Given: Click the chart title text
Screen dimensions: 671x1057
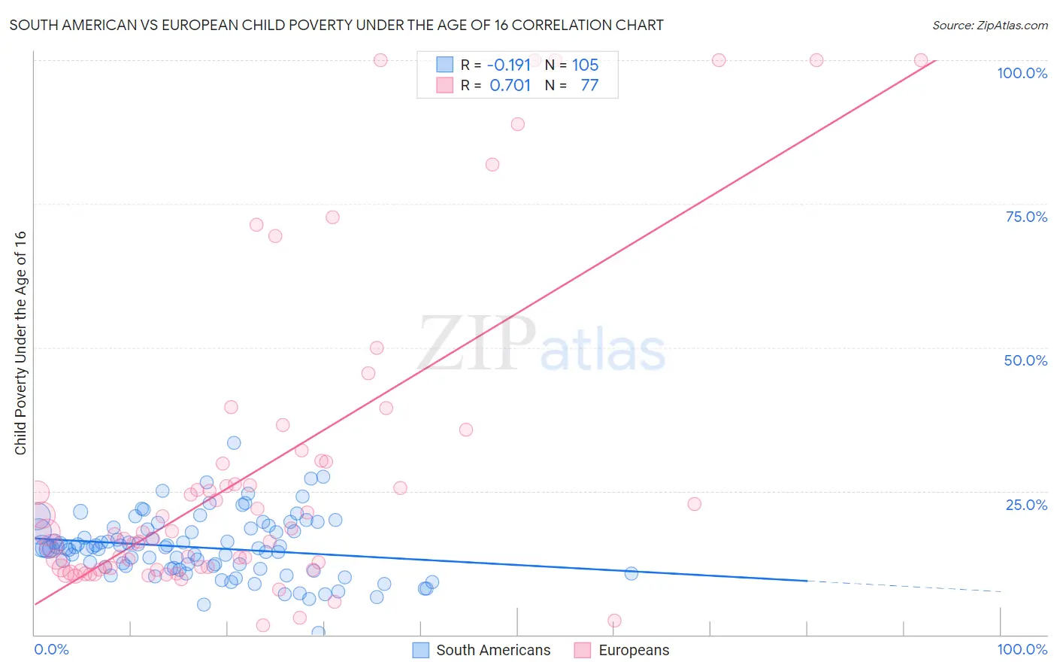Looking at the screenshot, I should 336,25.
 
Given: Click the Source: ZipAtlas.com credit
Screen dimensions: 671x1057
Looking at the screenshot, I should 989,25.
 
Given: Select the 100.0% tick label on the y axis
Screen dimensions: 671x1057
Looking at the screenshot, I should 1022,73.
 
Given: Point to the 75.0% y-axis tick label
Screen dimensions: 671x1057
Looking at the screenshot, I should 1026,217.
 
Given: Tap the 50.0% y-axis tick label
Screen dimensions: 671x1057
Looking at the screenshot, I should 1025,360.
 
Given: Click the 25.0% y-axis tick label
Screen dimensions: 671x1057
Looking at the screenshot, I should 1026,504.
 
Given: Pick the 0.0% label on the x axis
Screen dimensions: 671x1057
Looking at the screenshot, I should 51,649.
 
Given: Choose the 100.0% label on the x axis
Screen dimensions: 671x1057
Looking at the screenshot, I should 1022,649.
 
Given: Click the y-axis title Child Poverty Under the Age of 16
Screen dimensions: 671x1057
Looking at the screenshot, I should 20,342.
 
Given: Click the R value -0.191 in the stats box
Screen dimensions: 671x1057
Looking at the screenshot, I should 510,65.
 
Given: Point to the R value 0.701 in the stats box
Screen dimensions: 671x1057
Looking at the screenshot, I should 510,86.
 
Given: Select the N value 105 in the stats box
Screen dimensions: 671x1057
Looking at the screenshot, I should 585,65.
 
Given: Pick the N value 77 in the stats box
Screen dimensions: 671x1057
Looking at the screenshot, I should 589,86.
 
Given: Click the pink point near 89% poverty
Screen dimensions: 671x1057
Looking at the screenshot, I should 517,124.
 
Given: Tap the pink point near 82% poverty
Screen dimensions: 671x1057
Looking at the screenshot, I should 492,165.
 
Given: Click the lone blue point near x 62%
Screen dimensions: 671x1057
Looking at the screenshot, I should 631,574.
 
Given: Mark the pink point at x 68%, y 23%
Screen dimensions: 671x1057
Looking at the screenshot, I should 695,504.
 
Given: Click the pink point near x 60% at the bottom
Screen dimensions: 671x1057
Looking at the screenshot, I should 614,621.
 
